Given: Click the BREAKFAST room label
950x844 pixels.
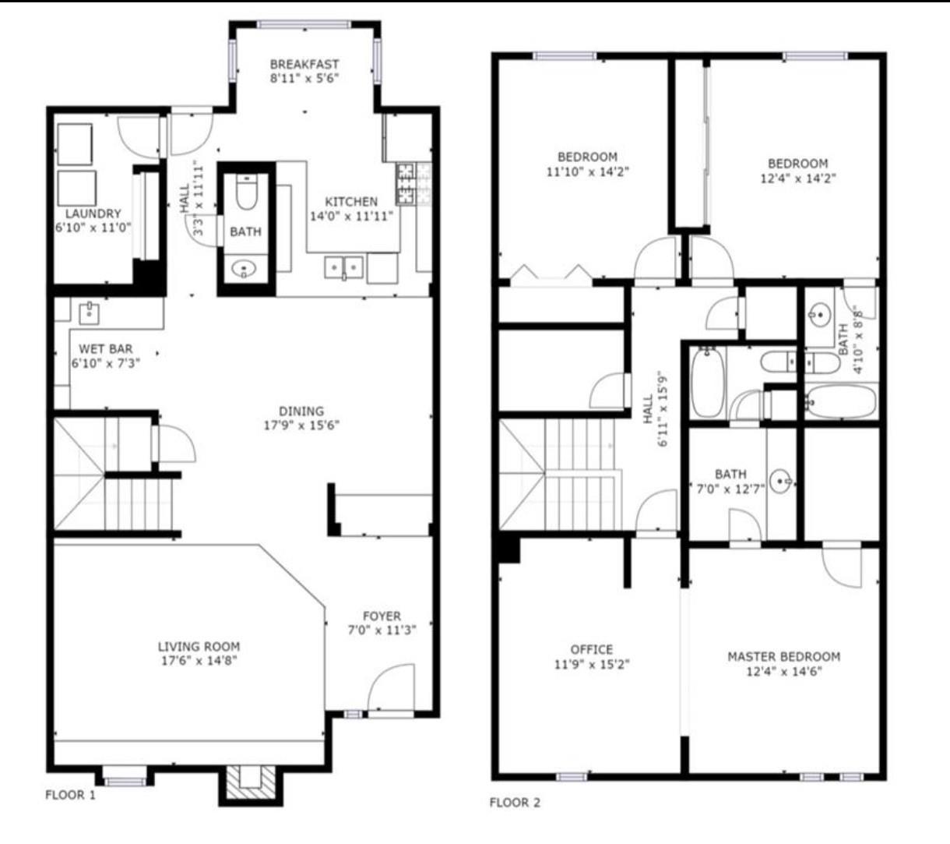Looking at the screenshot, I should (x=304, y=64).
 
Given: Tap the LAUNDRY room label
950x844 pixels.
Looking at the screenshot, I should (x=93, y=214).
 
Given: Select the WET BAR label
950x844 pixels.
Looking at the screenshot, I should (x=105, y=349).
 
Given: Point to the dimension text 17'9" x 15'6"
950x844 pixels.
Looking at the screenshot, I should (x=301, y=426).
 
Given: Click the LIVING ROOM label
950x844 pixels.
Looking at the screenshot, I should (x=199, y=646).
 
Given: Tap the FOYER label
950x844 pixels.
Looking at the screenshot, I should (x=382, y=616).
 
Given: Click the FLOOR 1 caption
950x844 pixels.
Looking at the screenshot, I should (x=70, y=796).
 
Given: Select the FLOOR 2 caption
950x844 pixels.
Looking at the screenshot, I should (x=515, y=803).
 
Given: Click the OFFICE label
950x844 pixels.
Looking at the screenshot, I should (x=591, y=649).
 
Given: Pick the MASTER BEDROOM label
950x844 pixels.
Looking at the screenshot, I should (x=783, y=656).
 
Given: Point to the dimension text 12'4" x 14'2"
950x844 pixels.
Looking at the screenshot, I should (x=797, y=178).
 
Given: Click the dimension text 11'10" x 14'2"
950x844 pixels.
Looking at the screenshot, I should (x=587, y=171).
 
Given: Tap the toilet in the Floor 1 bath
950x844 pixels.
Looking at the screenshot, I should (x=246, y=193).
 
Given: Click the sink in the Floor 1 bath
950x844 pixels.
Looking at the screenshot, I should (x=245, y=270).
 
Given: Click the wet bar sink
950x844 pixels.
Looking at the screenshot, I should (x=88, y=313).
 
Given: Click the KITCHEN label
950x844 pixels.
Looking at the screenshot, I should (x=351, y=202).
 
